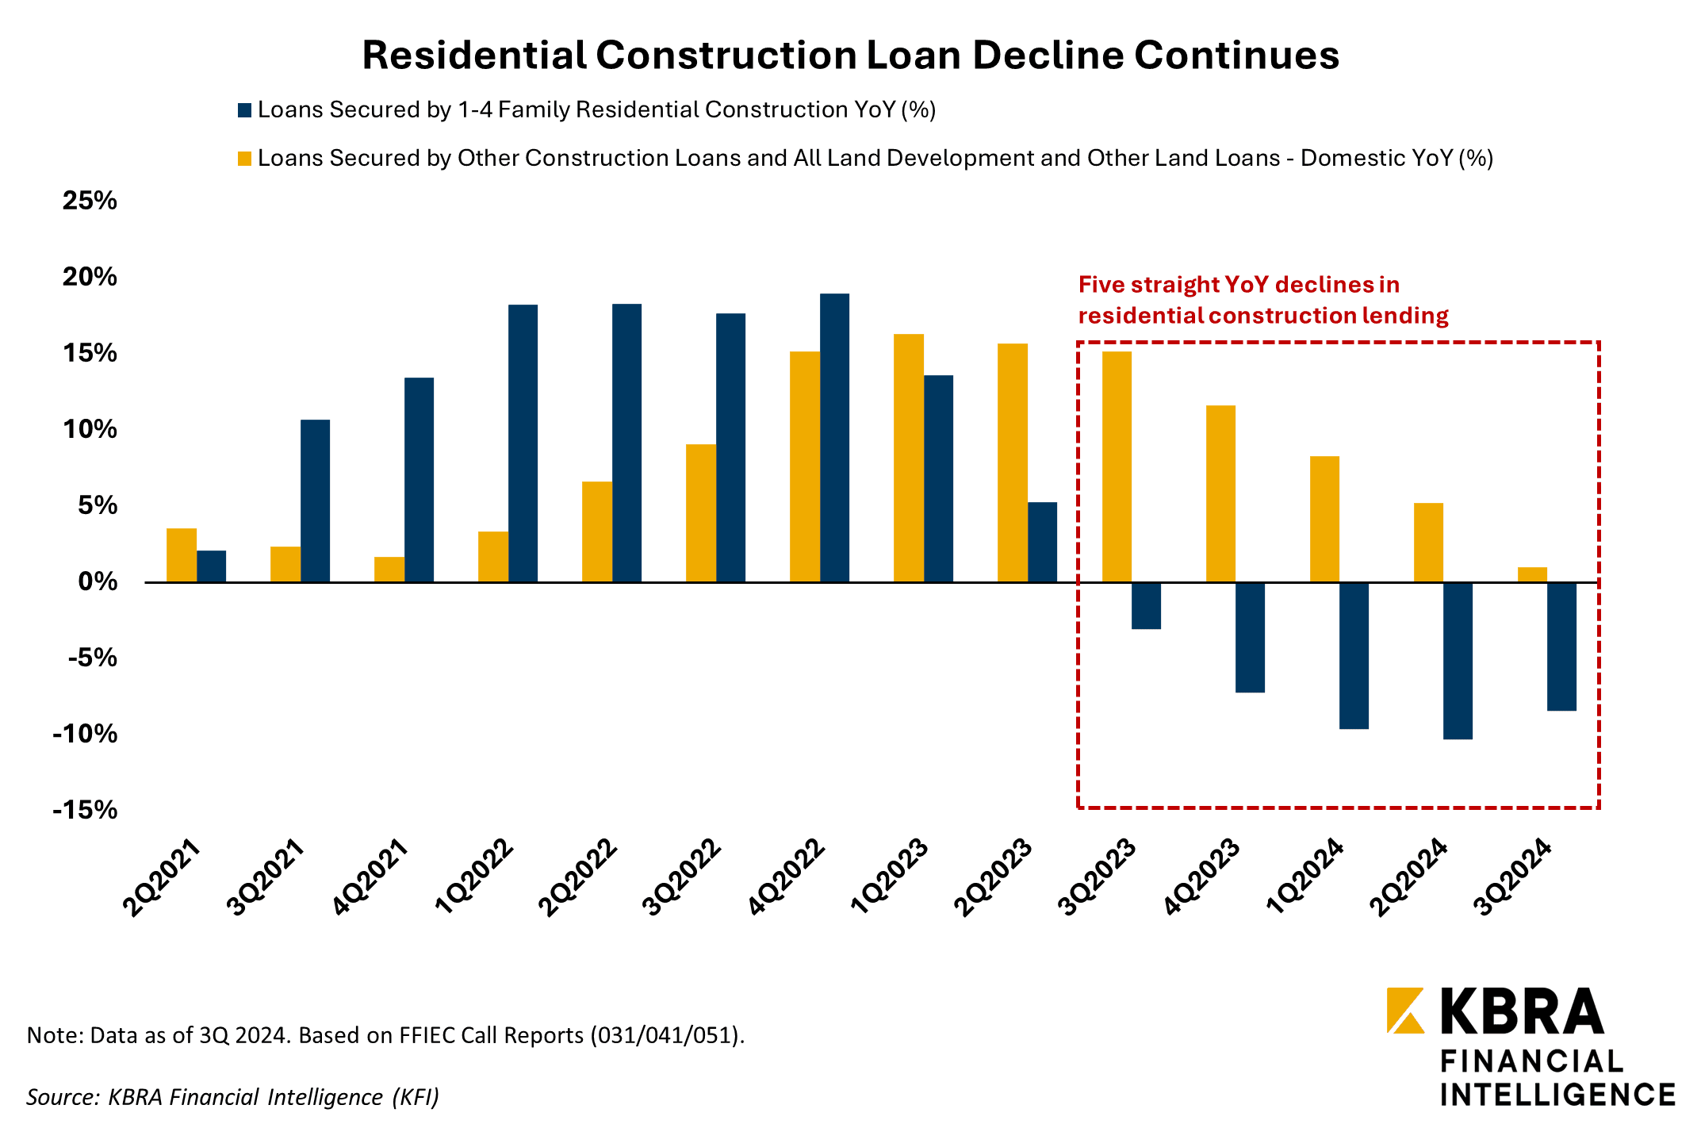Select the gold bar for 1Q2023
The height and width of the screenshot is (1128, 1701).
pyautogui.click(x=908, y=458)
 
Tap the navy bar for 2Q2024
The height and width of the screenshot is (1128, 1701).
pyautogui.click(x=1458, y=661)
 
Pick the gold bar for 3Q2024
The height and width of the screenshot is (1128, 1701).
pyautogui.click(x=1532, y=575)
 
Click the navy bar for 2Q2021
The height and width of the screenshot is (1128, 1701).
pyautogui.click(x=211, y=566)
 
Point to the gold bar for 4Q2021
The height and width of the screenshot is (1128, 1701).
pyautogui.click(x=389, y=570)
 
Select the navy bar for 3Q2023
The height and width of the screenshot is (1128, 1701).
pyautogui.click(x=1146, y=606)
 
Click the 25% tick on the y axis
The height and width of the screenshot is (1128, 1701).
pyautogui.click(x=90, y=201)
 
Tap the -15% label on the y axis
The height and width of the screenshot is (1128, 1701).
pyautogui.click(x=85, y=810)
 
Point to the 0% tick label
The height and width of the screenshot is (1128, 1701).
pyautogui.click(x=98, y=581)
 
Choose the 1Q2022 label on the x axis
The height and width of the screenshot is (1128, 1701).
pyautogui.click(x=474, y=877)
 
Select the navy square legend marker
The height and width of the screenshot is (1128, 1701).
pyautogui.click(x=245, y=110)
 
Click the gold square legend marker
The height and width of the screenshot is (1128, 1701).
pyautogui.click(x=245, y=159)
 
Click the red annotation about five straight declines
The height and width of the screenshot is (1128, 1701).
pyautogui.click(x=1262, y=300)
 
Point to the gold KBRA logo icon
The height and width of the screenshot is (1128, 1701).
pyautogui.click(x=1405, y=1010)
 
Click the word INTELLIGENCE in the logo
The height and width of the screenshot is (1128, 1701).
pyautogui.click(x=1557, y=1095)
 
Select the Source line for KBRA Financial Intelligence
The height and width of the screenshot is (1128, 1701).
pyautogui.click(x=232, y=1097)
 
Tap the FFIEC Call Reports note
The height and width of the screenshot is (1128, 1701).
pyautogui.click(x=385, y=1035)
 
